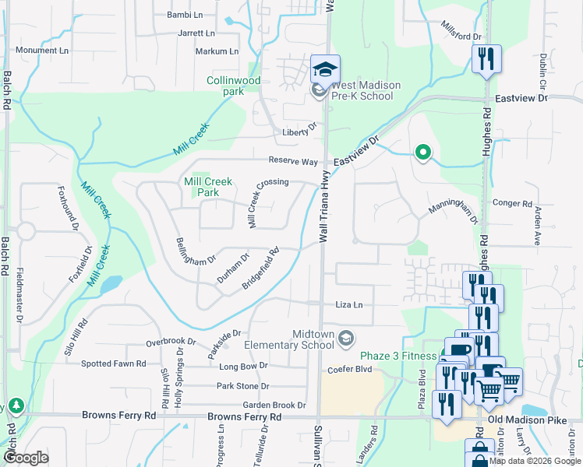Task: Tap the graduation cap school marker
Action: point(325,70)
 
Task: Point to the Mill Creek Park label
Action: point(207,187)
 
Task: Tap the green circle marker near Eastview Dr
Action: point(422,153)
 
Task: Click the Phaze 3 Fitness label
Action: point(398,356)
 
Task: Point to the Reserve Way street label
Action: point(293,161)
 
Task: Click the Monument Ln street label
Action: point(42,51)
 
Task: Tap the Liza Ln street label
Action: point(349,304)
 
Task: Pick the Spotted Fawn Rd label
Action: point(114,363)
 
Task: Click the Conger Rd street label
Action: point(512,204)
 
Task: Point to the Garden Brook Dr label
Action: point(274,405)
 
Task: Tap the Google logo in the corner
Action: point(25,458)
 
